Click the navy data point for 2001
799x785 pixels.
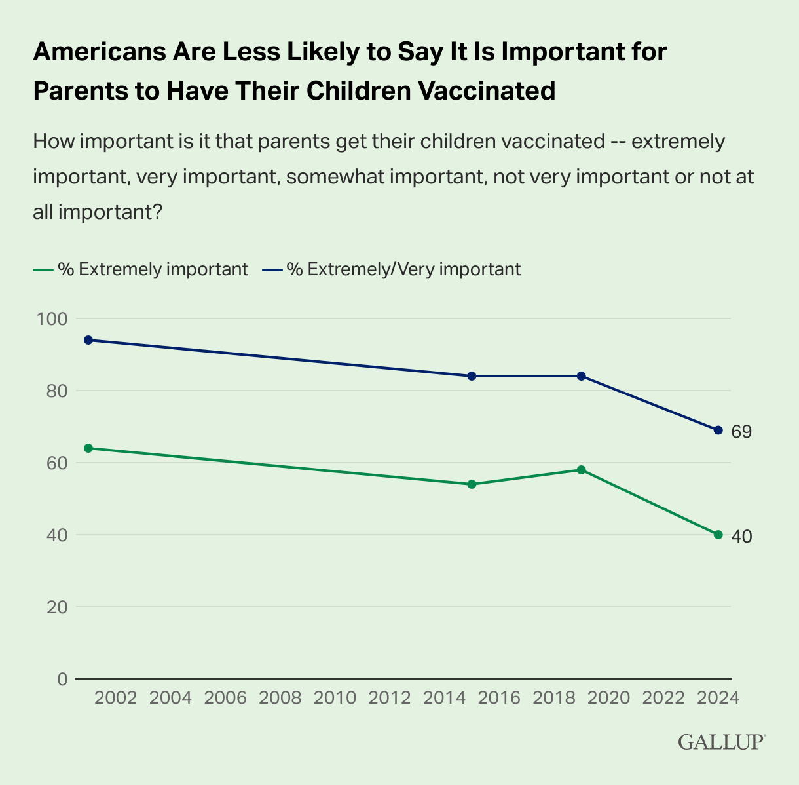coord(88,340)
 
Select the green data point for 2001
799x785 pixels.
coord(88,448)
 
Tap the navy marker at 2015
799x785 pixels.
coord(472,376)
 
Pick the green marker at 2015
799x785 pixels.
coord(472,484)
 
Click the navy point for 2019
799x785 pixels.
coord(581,376)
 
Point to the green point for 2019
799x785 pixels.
coord(581,470)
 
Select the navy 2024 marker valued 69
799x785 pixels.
coord(718,430)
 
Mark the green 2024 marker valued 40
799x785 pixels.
coord(718,535)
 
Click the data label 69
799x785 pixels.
coord(741,432)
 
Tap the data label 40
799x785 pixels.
coord(741,537)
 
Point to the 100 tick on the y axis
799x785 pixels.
coord(53,319)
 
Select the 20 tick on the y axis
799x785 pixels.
coord(58,607)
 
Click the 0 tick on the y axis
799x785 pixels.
coord(62,680)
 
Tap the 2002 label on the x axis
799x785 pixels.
coord(116,697)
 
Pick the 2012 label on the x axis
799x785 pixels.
coord(390,697)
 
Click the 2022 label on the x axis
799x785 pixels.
coord(663,697)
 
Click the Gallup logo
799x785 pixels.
coord(721,742)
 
